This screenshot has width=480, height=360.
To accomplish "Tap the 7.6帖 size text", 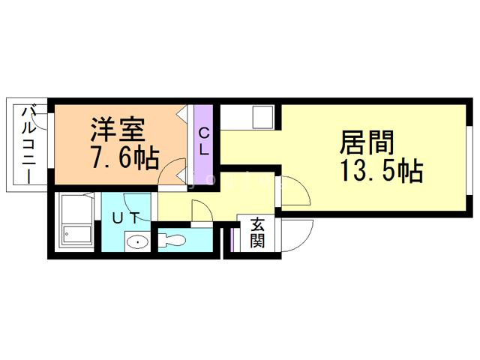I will point(124,158).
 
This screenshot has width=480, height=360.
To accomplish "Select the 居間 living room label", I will point(367,142).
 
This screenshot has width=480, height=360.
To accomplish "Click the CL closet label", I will point(203,139).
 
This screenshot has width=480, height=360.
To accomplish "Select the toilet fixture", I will point(172,241).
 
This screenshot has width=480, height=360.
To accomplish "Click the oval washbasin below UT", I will point(136,242).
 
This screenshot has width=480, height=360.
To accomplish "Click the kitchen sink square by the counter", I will point(263,118).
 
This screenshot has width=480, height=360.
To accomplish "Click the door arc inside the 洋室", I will point(172,169).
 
